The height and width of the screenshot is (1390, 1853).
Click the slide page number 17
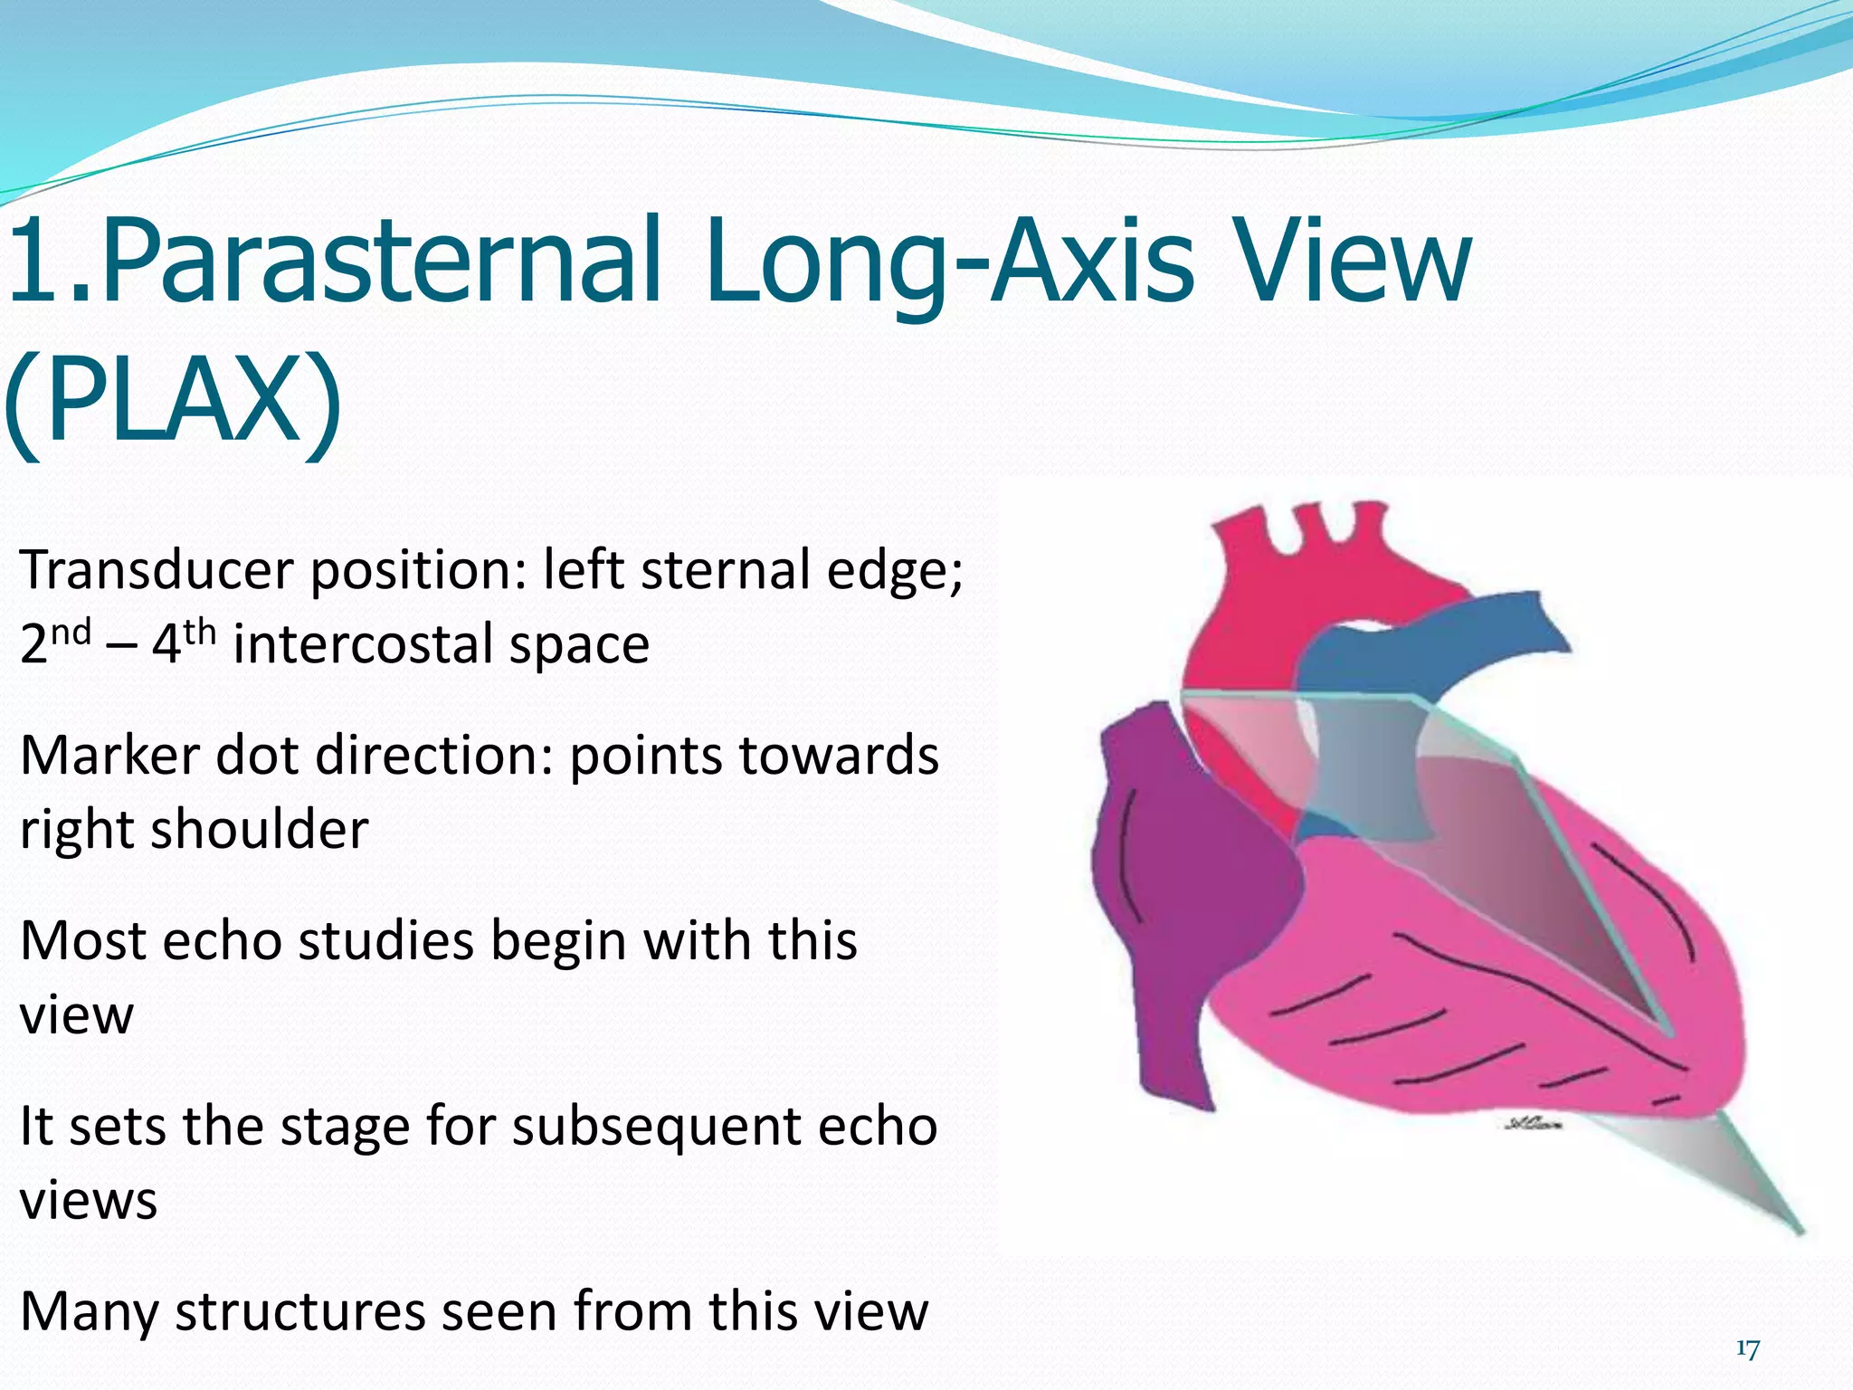(x=1747, y=1349)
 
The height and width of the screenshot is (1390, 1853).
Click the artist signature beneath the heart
(x=1533, y=1125)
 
